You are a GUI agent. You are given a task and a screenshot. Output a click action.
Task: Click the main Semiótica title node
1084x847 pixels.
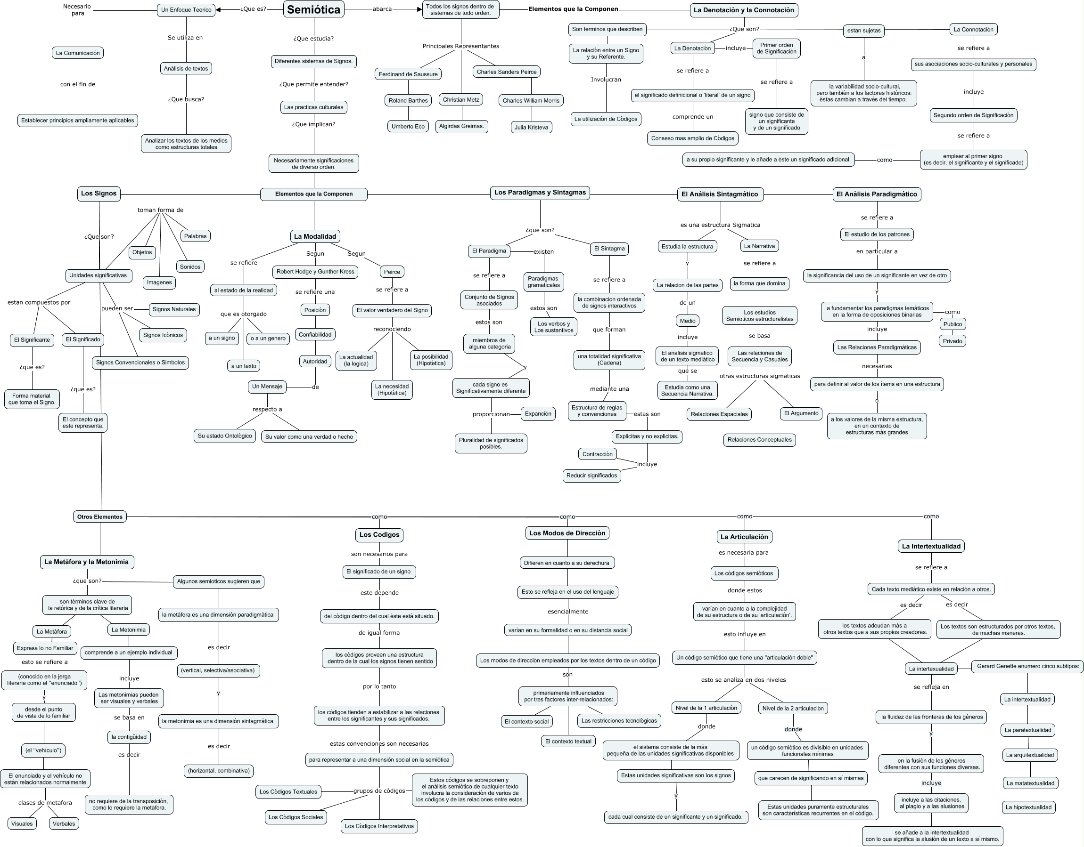(314, 9)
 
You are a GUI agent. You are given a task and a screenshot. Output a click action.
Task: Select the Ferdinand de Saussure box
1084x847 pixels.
(408, 74)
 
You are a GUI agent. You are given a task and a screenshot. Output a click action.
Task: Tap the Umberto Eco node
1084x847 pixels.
(408, 127)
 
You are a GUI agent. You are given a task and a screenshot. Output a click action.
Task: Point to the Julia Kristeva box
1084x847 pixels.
(531, 128)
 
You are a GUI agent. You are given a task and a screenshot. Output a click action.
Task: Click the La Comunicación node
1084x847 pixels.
(78, 53)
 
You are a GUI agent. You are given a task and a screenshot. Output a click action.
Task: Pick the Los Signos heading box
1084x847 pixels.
(99, 194)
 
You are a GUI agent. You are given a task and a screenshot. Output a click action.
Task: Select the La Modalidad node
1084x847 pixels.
(315, 236)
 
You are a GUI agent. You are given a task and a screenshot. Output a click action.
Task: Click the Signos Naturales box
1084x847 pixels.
(174, 309)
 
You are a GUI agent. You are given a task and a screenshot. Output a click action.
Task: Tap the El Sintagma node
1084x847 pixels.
(609, 249)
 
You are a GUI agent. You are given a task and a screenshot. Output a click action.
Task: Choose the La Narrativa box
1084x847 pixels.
(759, 246)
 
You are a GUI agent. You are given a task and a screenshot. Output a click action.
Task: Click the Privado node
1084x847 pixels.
(952, 341)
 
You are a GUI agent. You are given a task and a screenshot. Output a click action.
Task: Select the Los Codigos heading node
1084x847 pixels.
(379, 534)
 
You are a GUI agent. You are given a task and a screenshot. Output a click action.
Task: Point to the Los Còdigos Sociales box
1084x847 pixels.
(296, 817)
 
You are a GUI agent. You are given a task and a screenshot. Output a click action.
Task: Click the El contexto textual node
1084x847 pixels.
(568, 742)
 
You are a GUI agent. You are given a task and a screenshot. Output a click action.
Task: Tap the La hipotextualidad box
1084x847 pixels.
(1028, 807)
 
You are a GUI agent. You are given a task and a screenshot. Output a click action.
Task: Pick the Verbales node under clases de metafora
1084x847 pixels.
(64, 823)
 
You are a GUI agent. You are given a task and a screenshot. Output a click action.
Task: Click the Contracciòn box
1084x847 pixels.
(597, 454)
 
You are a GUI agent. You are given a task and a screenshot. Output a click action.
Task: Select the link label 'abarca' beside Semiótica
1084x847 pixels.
(382, 9)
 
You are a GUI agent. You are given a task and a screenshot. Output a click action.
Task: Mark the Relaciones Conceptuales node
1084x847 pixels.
(759, 440)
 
